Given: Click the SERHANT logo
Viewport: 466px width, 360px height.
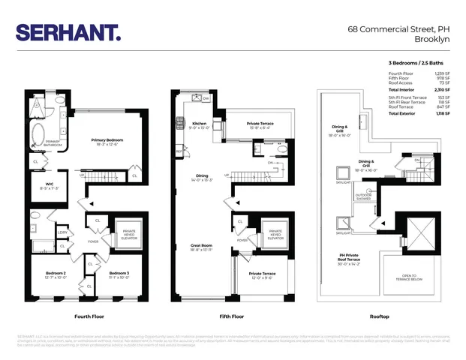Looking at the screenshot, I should (68, 32).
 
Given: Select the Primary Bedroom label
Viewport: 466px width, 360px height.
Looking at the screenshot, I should (107, 142).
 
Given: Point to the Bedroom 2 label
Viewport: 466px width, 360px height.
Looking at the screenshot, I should (55, 274).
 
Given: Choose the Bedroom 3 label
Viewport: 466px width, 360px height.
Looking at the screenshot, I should (119, 274).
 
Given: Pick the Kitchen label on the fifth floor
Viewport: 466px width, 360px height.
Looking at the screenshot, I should (200, 125).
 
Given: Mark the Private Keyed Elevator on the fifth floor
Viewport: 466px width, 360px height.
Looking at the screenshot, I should (275, 234).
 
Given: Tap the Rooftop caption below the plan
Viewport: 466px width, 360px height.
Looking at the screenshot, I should (380, 318).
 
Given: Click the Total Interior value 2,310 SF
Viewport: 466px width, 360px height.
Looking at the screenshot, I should (443, 89).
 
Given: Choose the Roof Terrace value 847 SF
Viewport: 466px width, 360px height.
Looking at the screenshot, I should (443, 106).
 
